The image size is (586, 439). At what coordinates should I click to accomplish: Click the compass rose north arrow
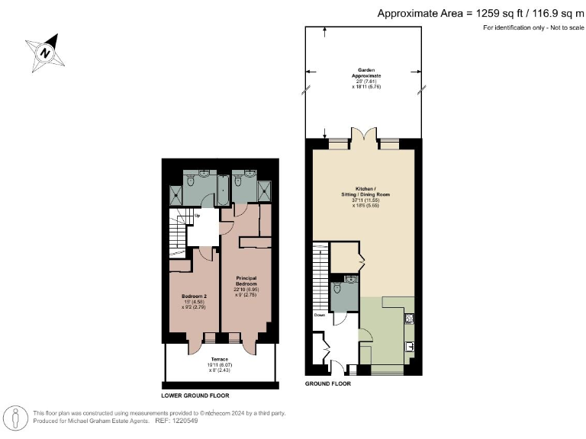[x=45, y=53]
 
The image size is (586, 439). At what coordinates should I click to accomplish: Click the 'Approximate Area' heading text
[x=481, y=12]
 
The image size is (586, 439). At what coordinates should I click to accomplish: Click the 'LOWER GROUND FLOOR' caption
[x=195, y=396]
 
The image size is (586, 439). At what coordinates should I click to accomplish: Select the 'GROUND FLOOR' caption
[x=327, y=385]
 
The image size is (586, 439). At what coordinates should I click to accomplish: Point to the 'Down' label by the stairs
[x=319, y=313]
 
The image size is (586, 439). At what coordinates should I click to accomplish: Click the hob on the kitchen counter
[x=409, y=320]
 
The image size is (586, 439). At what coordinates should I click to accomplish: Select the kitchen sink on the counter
[x=409, y=347]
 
